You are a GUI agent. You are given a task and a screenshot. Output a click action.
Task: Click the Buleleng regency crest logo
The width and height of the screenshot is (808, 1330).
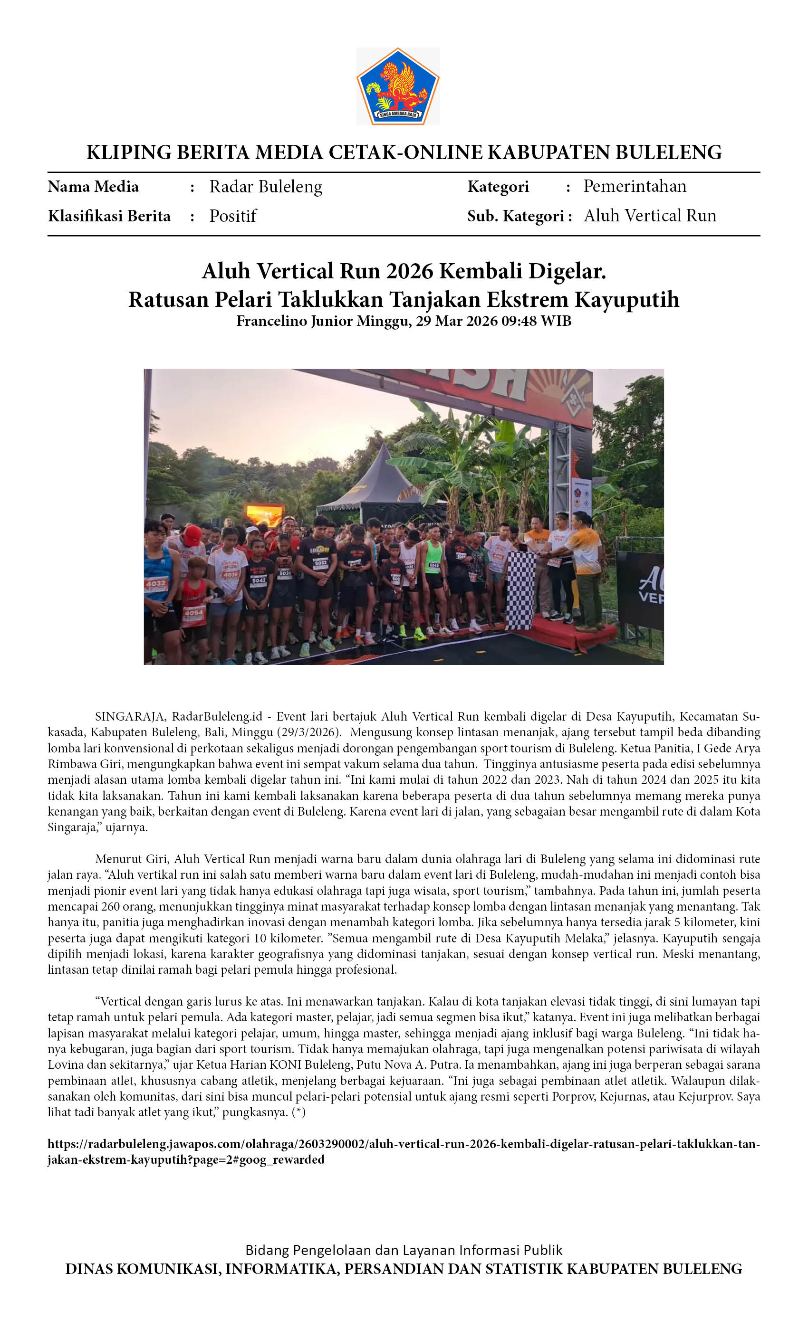[397, 86]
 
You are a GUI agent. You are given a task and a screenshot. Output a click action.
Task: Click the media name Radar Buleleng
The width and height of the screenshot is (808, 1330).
[265, 187]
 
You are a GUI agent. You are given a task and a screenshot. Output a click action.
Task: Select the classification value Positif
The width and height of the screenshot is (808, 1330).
[233, 216]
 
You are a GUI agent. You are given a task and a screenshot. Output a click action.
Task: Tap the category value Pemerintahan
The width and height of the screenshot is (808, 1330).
[635, 186]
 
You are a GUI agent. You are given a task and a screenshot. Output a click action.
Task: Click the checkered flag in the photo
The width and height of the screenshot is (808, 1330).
[520, 591]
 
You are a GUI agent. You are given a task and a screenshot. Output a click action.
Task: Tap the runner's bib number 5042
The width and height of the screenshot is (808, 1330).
[259, 581]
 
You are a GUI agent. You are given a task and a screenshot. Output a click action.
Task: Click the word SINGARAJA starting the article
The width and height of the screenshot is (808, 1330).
[129, 716]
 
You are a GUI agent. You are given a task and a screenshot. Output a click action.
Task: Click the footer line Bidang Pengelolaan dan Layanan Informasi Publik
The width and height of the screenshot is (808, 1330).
[404, 1250]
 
